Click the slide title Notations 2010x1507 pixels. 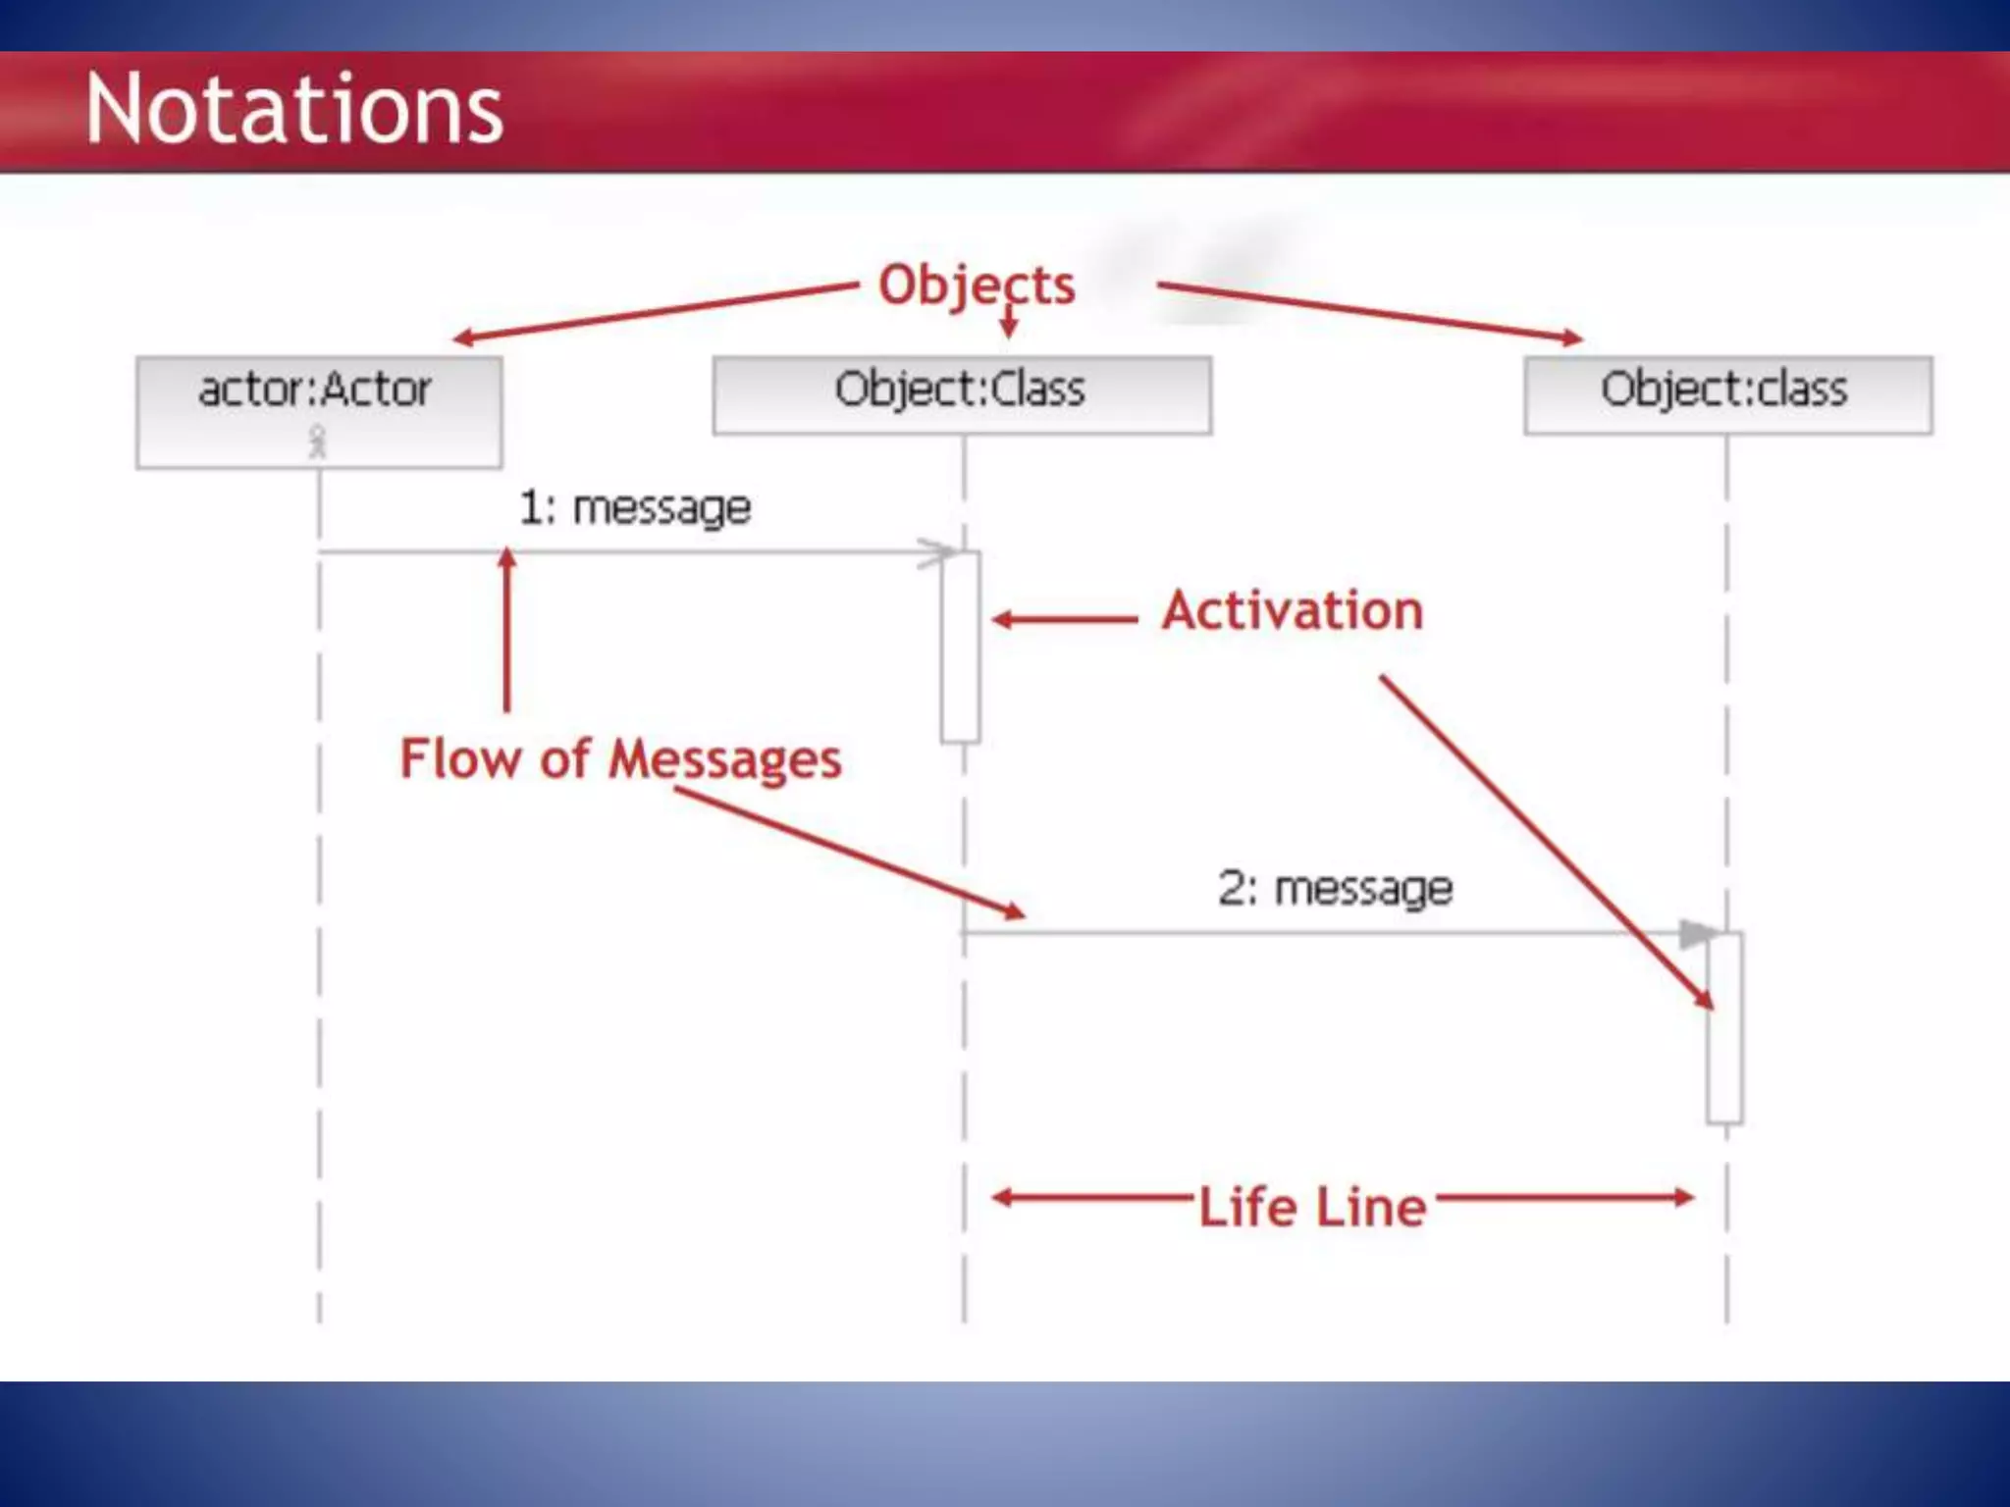294,109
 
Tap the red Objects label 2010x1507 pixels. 977,286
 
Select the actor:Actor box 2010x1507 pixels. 319,412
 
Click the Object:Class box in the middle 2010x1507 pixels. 962,394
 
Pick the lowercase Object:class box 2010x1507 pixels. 1727,394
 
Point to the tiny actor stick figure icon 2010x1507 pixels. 317,442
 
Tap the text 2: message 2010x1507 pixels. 1335,889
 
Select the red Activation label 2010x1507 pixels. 1293,611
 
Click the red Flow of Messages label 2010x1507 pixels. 620,759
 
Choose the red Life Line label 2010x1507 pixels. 1312,1208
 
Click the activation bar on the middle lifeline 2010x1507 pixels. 960,648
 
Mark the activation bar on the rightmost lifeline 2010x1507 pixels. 1724,1028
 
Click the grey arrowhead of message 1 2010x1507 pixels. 937,552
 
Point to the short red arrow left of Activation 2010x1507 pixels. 1065,620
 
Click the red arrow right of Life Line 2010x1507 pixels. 1565,1197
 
